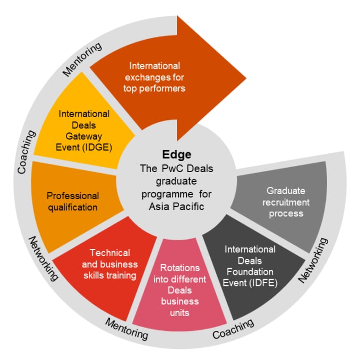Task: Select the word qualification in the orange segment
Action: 72,207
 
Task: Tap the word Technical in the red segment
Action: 110,253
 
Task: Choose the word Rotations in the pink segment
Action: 180,268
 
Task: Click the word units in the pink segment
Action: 180,313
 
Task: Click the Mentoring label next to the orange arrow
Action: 82,59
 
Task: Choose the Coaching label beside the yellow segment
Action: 26,152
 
